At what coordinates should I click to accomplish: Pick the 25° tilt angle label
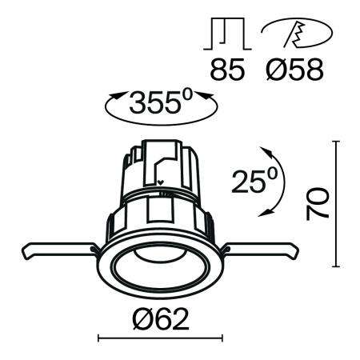250,182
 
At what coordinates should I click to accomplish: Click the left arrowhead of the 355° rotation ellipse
111,98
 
